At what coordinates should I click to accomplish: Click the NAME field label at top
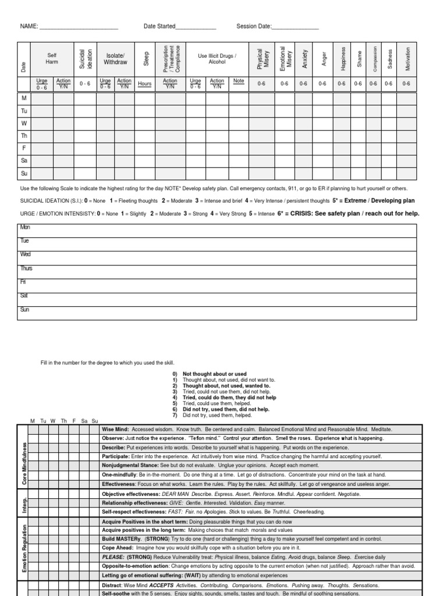(29, 26)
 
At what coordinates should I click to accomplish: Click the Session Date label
(254, 26)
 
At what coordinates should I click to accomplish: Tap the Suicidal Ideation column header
(85, 59)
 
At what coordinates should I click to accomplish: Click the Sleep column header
(145, 59)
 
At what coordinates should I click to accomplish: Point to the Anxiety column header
(304, 59)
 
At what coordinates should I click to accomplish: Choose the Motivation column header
(407, 59)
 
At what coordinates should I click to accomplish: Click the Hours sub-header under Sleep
(145, 84)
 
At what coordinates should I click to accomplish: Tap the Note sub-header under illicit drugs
(239, 81)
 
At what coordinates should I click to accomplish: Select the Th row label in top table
(24, 136)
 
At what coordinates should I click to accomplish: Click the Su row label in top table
(24, 173)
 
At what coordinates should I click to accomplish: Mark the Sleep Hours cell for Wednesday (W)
(145, 123)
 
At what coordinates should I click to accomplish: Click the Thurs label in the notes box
(26, 268)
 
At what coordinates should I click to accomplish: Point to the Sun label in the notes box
(24, 310)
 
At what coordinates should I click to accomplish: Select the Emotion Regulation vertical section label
(24, 548)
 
